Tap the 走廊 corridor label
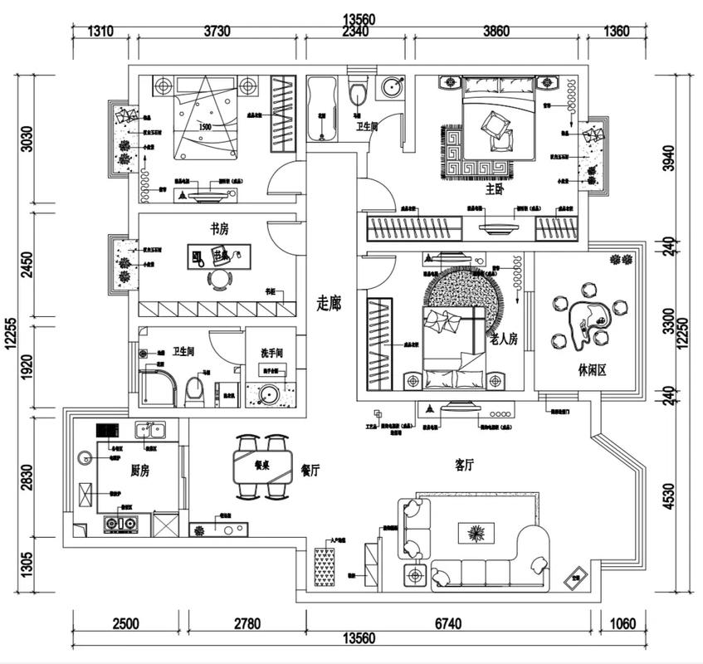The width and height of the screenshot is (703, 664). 328,304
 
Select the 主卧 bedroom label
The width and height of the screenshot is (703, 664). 495,189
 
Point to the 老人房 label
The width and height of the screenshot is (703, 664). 504,339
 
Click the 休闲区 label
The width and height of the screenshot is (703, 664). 590,370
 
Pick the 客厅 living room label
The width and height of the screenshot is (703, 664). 464,466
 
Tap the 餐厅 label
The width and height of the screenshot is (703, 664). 310,471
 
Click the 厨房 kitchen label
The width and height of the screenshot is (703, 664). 139,471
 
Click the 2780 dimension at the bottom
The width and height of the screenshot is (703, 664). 247,623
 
